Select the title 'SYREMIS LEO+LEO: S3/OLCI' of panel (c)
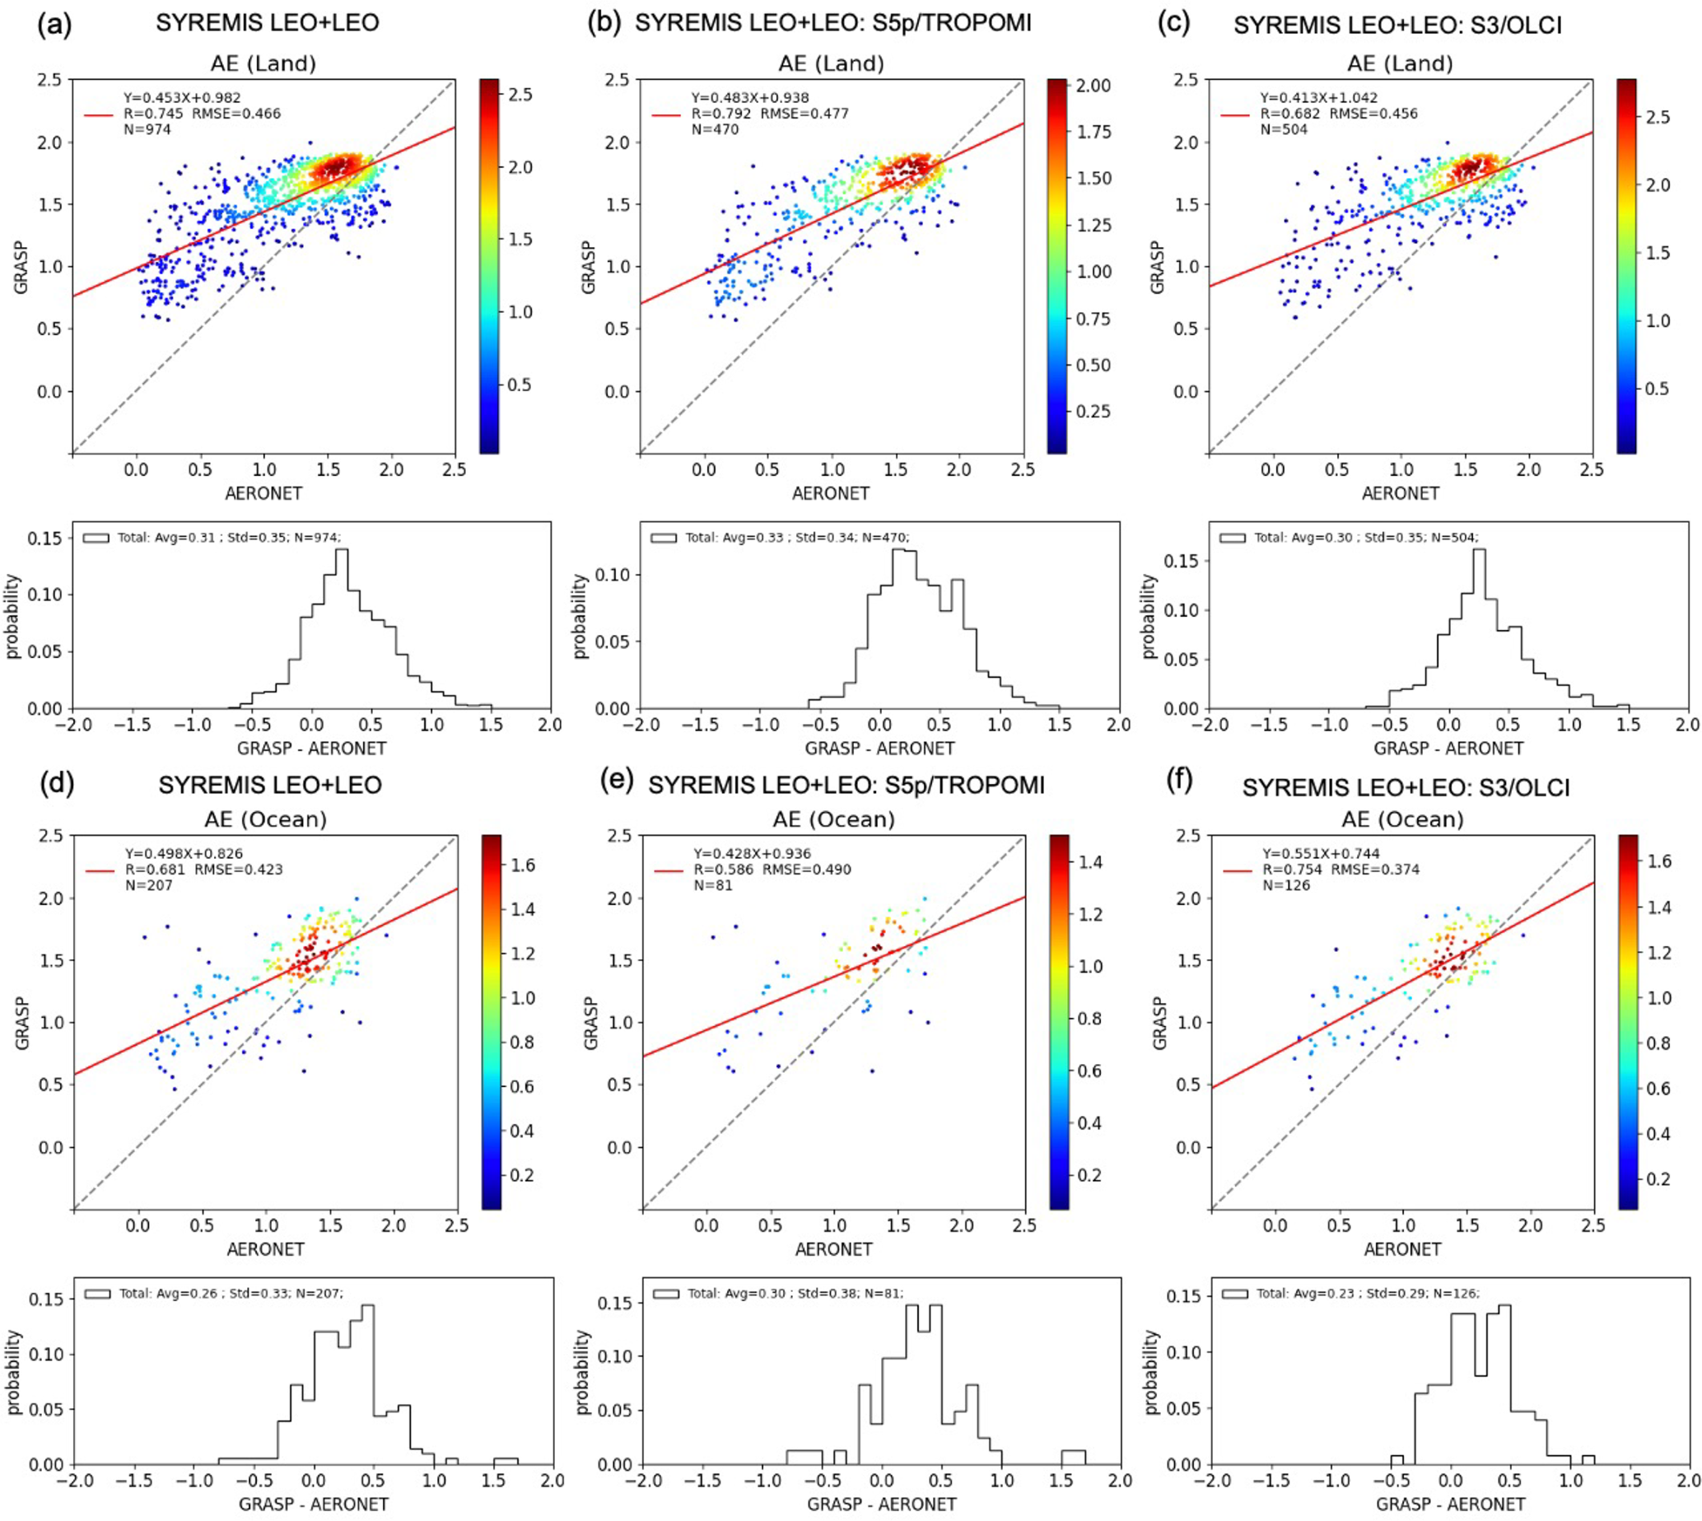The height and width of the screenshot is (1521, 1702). [1397, 25]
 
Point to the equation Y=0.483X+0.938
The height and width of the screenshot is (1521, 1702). [749, 98]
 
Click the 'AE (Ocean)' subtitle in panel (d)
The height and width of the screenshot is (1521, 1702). [265, 819]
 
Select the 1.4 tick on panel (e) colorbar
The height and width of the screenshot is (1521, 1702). [1089, 861]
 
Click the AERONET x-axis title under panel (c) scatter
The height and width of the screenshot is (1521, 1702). [1401, 493]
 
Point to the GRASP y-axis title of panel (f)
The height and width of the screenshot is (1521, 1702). [1158, 1022]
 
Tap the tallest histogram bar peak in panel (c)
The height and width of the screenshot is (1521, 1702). [1478, 550]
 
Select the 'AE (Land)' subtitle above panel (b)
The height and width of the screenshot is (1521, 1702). [831, 63]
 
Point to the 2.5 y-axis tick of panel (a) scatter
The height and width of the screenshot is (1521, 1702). [49, 80]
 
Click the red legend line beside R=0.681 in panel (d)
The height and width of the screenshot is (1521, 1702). [101, 870]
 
